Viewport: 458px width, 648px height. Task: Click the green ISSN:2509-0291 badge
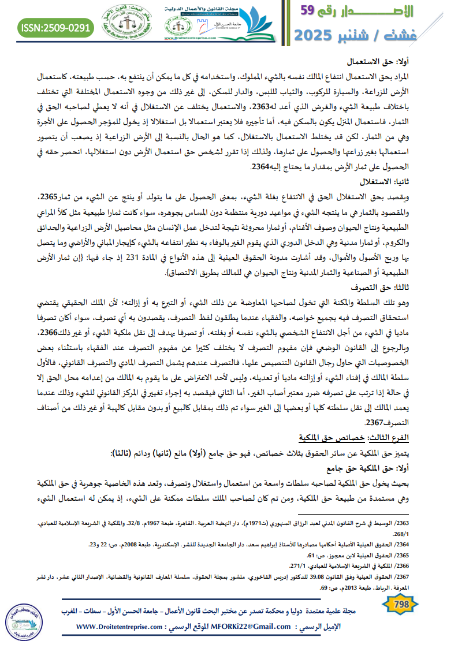coord(56,27)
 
